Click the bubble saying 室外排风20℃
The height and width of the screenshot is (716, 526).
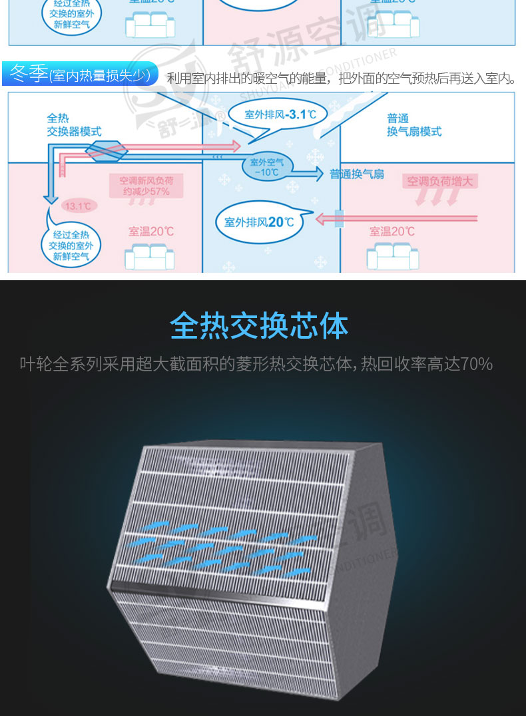click(260, 222)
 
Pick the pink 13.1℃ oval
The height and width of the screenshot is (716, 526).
click(79, 206)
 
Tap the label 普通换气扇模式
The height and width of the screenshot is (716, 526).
click(414, 125)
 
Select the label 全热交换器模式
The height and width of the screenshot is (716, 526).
click(74, 125)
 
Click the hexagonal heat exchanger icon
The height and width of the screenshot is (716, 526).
click(106, 150)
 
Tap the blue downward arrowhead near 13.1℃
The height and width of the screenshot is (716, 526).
click(49, 198)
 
